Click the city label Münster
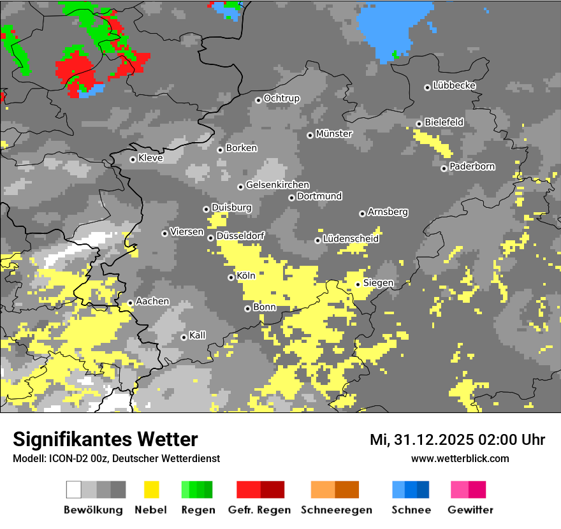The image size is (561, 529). (334, 134)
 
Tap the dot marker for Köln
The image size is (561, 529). (231, 277)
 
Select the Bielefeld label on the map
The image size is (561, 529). (444, 122)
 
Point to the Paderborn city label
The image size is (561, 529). (472, 166)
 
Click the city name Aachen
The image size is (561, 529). (152, 301)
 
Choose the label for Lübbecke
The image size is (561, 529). (454, 85)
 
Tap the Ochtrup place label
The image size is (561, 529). (281, 98)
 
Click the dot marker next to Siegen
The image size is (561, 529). (358, 284)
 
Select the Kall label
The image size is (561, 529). (197, 335)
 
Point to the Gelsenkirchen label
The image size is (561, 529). (277, 185)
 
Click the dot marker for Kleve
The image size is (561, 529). (133, 159)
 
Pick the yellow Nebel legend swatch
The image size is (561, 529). (152, 489)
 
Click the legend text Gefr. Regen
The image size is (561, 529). (259, 510)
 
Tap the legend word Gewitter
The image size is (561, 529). (470, 510)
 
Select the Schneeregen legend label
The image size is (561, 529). (337, 510)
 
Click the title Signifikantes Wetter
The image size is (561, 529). (105, 439)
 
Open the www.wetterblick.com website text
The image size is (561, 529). (460, 458)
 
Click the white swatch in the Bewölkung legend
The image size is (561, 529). (74, 489)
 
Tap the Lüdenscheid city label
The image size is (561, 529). (351, 239)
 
